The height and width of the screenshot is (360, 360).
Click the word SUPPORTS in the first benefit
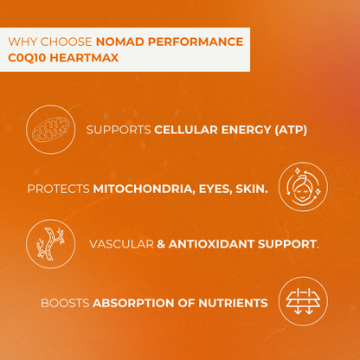tap(119, 131)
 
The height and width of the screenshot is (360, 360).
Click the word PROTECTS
tap(59, 188)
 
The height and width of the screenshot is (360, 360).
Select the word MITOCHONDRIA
tap(139, 188)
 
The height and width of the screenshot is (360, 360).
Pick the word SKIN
tap(251, 188)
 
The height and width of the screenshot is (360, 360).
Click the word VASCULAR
tap(120, 245)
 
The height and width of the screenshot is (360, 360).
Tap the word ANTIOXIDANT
tap(212, 245)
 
